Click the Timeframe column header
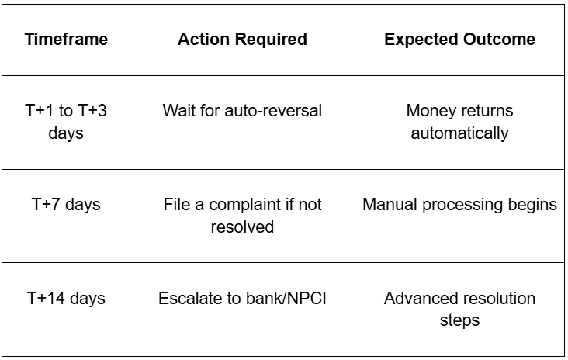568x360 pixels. [66, 39]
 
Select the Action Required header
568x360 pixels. [242, 39]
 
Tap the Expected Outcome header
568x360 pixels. [459, 39]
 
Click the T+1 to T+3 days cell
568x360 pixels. [66, 122]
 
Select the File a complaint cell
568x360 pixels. [242, 216]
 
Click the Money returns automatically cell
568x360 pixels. [459, 122]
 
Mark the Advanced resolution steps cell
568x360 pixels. [459, 310]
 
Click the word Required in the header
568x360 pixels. [273, 40]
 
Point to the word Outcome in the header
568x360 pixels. [499, 39]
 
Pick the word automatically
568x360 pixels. [459, 133]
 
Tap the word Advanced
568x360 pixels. [417, 299]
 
